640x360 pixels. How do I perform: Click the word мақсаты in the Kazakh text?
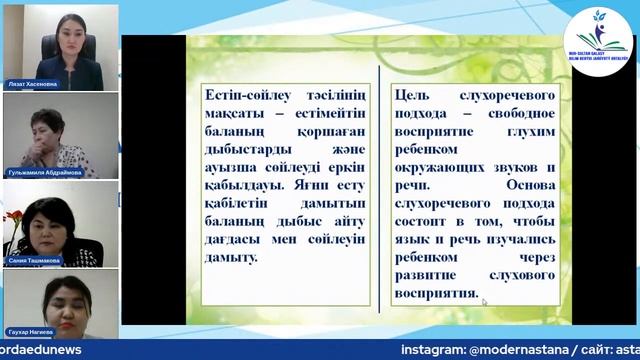[229, 112]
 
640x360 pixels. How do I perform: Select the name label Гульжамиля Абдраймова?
[47, 172]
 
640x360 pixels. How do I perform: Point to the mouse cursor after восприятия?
[485, 300]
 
